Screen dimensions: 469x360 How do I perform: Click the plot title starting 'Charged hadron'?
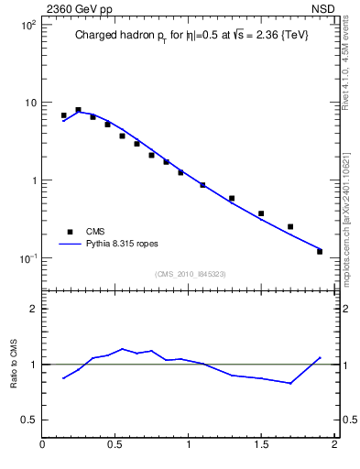pyautogui.click(x=190, y=37)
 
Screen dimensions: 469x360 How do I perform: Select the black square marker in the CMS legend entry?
pyautogui.click(x=68, y=232)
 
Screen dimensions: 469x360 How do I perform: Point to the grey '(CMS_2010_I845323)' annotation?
pyautogui.click(x=191, y=274)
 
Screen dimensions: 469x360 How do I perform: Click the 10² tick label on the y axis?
pyautogui.click(x=28, y=24)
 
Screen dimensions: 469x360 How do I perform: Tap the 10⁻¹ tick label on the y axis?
pyautogui.click(x=27, y=258)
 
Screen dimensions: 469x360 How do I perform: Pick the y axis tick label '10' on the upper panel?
pyautogui.click(x=29, y=103)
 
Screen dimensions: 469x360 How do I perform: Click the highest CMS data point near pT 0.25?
pyautogui.click(x=79, y=110)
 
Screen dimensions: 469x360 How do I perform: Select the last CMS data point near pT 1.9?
pyautogui.click(x=320, y=251)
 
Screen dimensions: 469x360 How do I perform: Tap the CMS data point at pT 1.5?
pyautogui.click(x=261, y=213)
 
